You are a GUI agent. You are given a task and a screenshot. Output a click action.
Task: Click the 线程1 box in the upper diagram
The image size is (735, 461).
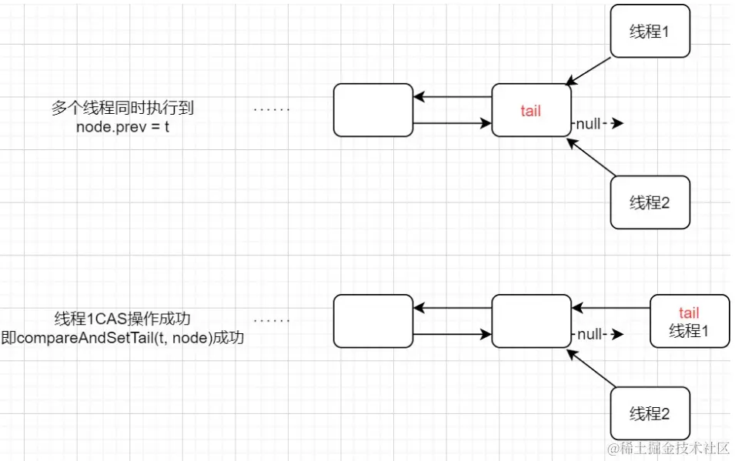click(x=650, y=32)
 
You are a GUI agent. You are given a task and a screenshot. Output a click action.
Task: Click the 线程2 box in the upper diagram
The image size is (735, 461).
click(x=650, y=202)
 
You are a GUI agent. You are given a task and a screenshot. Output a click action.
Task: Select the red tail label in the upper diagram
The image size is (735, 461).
click(x=530, y=111)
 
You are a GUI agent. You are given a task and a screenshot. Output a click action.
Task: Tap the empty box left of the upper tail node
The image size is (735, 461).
click(x=373, y=110)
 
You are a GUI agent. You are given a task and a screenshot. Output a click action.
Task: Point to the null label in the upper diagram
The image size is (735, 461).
click(x=590, y=123)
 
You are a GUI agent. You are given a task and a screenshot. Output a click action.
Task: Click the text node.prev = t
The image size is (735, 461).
click(x=122, y=126)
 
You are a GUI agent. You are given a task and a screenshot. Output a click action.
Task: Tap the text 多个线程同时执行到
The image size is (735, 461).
click(x=128, y=108)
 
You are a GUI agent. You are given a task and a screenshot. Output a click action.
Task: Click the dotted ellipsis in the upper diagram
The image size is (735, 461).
click(x=272, y=109)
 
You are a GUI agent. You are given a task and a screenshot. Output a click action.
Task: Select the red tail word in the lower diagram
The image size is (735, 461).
click(x=689, y=312)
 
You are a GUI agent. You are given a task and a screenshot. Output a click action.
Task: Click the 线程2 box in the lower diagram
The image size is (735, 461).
click(x=650, y=413)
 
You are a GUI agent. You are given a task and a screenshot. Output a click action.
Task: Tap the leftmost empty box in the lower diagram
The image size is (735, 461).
click(x=373, y=321)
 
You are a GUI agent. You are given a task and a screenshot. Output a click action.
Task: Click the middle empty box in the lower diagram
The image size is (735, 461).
click(x=531, y=321)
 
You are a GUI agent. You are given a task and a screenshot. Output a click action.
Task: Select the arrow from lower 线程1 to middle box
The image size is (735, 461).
click(x=611, y=309)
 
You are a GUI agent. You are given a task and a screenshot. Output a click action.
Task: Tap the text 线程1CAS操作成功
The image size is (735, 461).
click(x=122, y=319)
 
